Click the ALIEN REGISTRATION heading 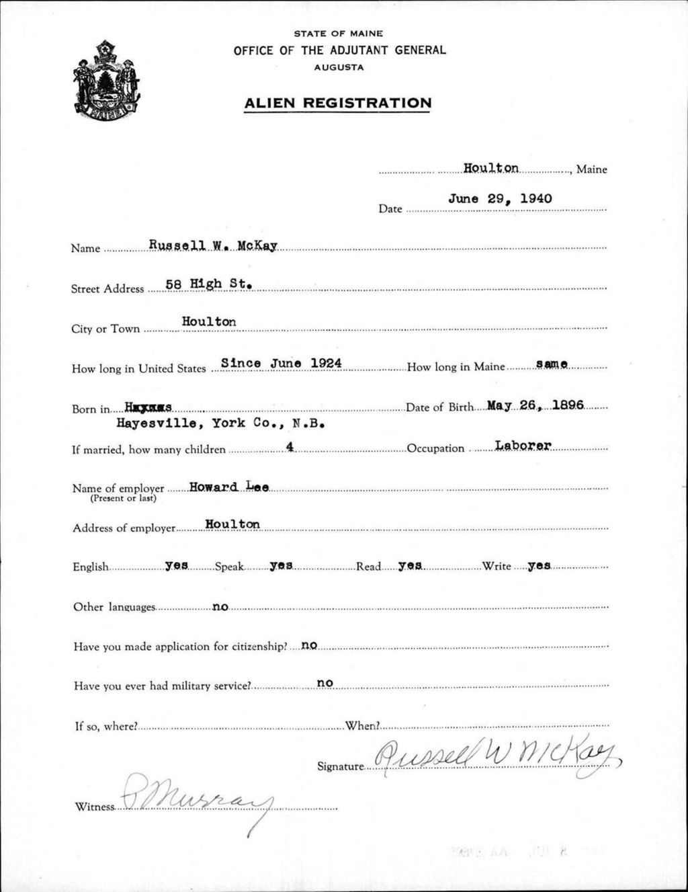pyautogui.click(x=337, y=103)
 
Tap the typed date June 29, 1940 pyautogui.click(x=500, y=198)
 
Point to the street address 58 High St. pyautogui.click(x=208, y=284)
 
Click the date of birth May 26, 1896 pyautogui.click(x=535, y=405)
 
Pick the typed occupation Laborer pyautogui.click(x=523, y=445)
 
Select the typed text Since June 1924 pyautogui.click(x=282, y=363)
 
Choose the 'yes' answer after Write pyautogui.click(x=539, y=566)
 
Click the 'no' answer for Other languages pyautogui.click(x=220, y=607)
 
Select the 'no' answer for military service pyautogui.click(x=325, y=684)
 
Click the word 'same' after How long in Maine pyautogui.click(x=552, y=364)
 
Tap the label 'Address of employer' pyautogui.click(x=124, y=528)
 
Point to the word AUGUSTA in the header pyautogui.click(x=339, y=67)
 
